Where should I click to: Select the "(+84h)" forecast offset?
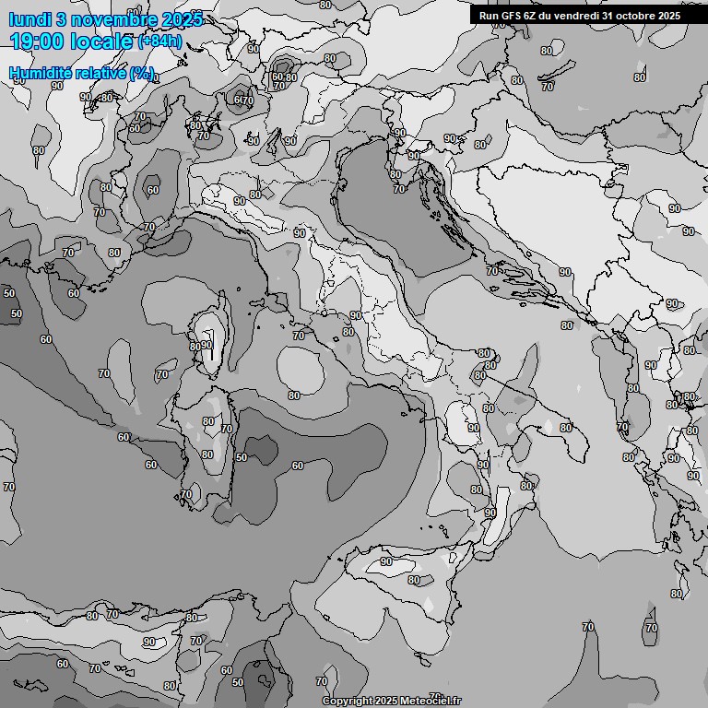point(159,41)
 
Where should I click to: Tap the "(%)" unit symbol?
point(141,73)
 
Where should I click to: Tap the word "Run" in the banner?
point(490,15)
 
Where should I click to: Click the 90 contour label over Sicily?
point(385,561)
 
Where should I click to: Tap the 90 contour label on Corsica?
point(206,346)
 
